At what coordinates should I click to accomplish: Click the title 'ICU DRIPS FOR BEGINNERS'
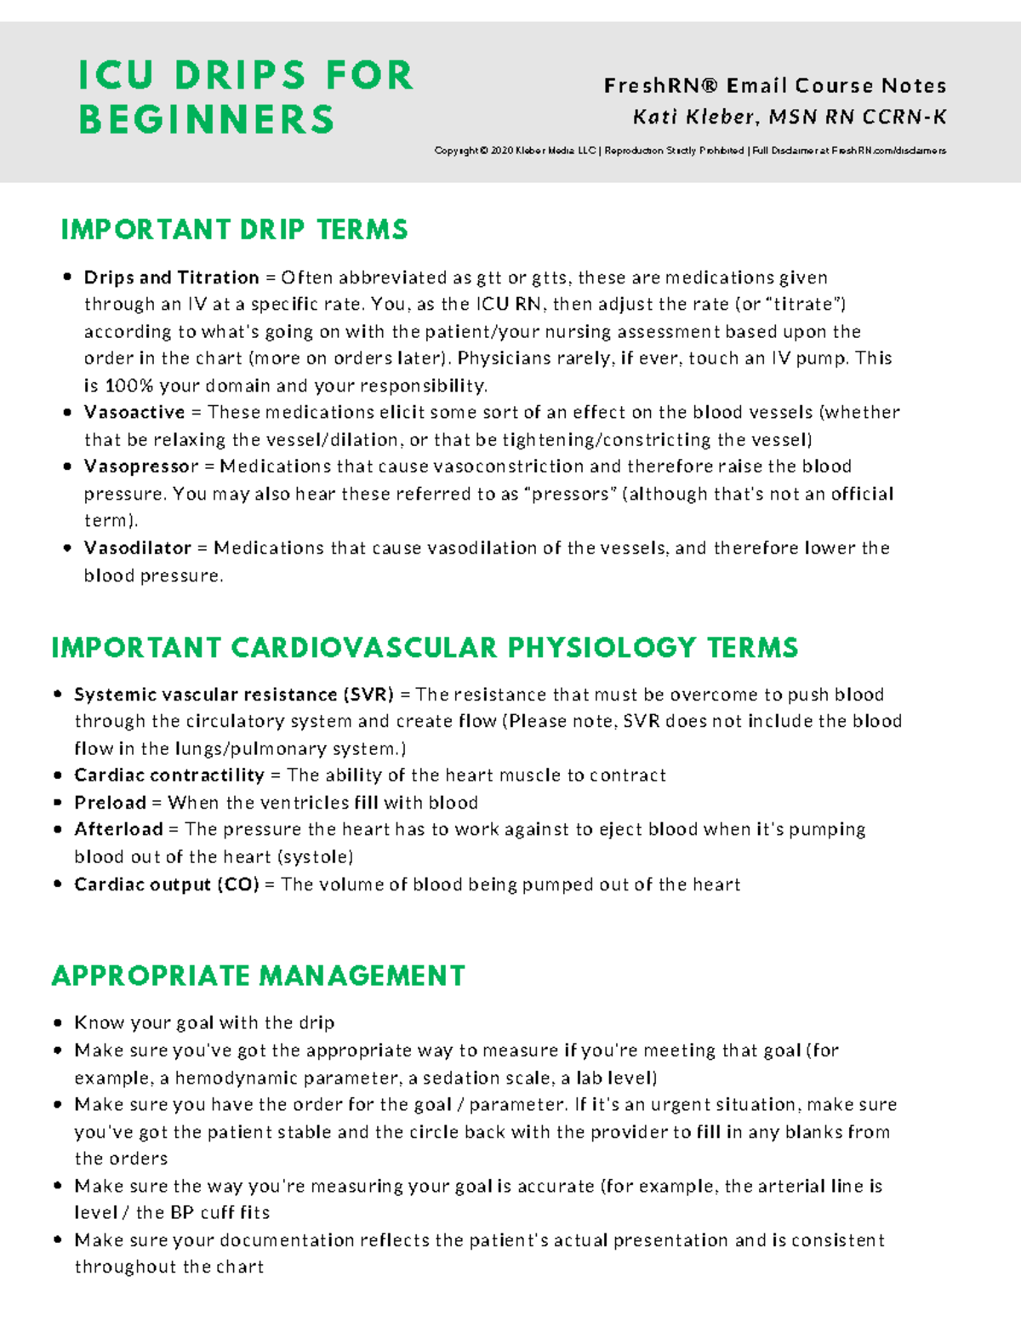[x=245, y=97]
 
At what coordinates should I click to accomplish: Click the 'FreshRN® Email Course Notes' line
[x=774, y=86]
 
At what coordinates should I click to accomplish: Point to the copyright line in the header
[x=689, y=151]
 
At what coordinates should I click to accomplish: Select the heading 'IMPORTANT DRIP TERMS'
[x=234, y=230]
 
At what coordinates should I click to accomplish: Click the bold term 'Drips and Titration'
[x=171, y=278]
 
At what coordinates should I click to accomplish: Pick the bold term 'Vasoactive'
[x=134, y=412]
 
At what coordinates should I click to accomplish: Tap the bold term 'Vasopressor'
[x=140, y=466]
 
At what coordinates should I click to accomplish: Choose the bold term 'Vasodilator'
[x=137, y=548]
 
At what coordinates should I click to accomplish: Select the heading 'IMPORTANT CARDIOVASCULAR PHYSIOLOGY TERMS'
[x=425, y=648]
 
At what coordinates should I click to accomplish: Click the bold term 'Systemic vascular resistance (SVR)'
[x=233, y=695]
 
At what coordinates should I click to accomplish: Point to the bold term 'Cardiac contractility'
[x=168, y=775]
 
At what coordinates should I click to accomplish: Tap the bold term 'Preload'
[x=110, y=803]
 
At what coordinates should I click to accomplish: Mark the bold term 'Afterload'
[x=118, y=829]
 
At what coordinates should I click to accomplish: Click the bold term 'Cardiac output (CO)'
[x=166, y=884]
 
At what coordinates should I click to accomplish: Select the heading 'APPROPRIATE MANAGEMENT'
[x=258, y=976]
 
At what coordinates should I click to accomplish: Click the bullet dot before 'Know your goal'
[x=58, y=1023]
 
